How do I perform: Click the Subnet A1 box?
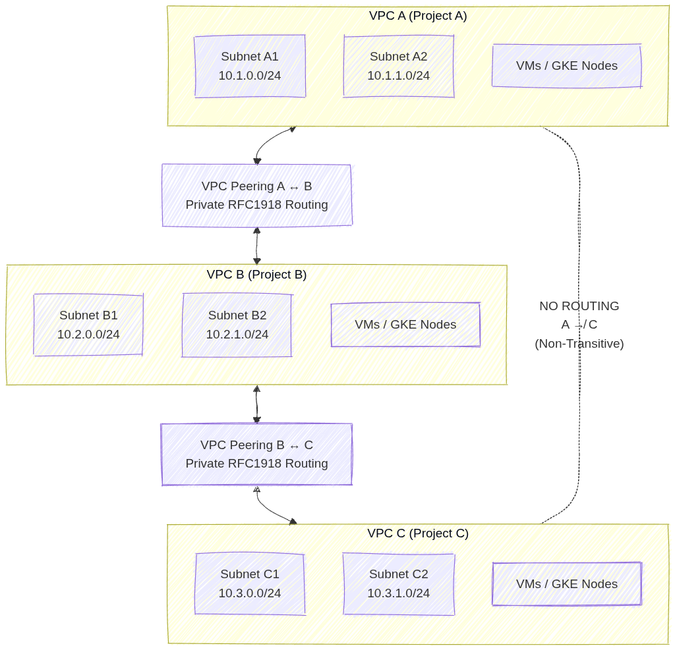pos(250,66)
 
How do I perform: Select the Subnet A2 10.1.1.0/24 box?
pos(399,66)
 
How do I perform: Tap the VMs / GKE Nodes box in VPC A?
pos(566,66)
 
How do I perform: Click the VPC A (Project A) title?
pos(418,16)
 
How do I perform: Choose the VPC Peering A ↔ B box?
pos(256,195)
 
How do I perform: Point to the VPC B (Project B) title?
pos(256,275)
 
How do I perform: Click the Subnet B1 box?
pos(88,325)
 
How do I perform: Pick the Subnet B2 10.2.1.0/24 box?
pos(237,325)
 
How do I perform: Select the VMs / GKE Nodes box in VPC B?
pos(405,325)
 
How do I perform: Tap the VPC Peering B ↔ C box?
pos(256,454)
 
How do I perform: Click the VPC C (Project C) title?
pos(418,533)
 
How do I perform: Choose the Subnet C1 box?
pos(250,583)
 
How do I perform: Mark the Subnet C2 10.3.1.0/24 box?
pos(399,583)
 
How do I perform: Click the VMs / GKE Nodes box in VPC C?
pos(566,583)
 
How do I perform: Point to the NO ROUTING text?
pos(579,306)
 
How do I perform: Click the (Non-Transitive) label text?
pos(579,343)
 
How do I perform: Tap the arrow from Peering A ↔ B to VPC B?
pos(256,246)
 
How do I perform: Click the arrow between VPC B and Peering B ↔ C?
pos(256,404)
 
